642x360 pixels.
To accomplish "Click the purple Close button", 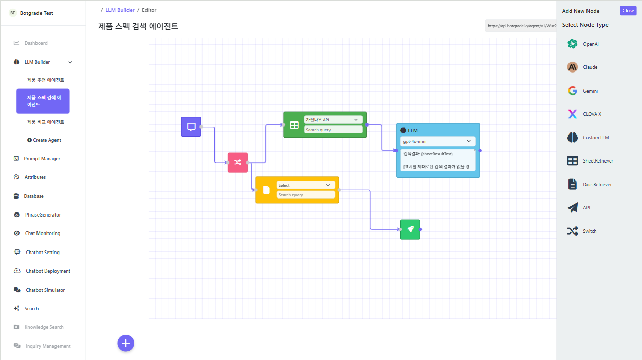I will [628, 11].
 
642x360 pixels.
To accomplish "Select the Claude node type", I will [590, 67].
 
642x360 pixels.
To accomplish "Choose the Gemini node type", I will [590, 91].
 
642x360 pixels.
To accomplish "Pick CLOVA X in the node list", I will [591, 114].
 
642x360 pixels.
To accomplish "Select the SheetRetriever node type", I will [597, 161].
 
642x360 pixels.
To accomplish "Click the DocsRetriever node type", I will [597, 185].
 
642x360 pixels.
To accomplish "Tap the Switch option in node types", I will [589, 231].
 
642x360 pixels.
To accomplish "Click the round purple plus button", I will [126, 343].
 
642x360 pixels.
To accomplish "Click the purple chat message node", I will [191, 127].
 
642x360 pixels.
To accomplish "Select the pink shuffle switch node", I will [237, 163].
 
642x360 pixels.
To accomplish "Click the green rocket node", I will [410, 229].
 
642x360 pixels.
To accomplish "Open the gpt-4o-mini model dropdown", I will [437, 141].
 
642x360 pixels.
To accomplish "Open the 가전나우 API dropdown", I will [333, 120].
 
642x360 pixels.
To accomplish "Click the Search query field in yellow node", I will [305, 195].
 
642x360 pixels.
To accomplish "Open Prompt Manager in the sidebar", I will [42, 159].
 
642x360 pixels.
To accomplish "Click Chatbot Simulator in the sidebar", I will [45, 290].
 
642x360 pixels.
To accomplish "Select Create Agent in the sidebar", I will [47, 140].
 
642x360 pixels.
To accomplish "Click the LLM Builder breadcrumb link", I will [120, 10].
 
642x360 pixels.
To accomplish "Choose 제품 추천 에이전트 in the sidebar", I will [46, 80].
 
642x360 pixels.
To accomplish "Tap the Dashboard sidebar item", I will [36, 43].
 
